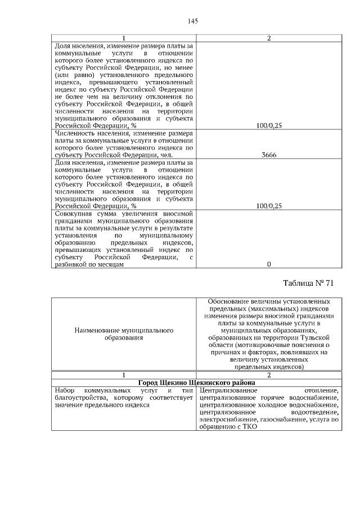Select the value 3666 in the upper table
[268, 155]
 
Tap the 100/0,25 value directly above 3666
[268, 125]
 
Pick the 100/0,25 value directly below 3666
[268, 206]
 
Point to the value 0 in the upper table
[268, 264]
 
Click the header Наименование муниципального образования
[123, 334]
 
